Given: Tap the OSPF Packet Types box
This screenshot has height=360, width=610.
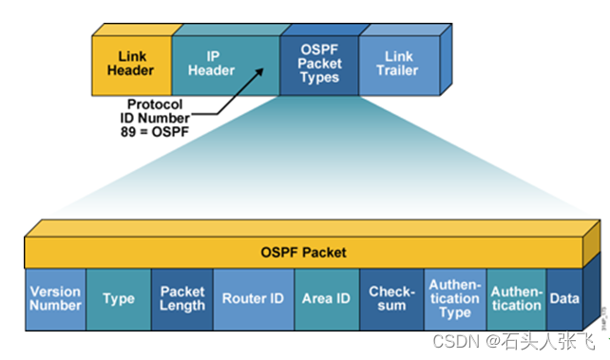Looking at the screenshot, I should [x=318, y=64].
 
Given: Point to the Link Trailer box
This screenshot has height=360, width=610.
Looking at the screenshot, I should [x=398, y=64].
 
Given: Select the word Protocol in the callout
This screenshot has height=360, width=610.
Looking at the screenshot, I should [x=156, y=104].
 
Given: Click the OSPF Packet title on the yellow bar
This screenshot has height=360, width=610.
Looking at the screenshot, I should [x=303, y=253].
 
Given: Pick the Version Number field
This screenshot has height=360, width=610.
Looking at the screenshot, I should [x=55, y=298].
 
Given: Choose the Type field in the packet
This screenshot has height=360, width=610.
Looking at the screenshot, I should [x=119, y=298].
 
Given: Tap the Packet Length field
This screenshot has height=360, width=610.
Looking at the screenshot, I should [x=181, y=298].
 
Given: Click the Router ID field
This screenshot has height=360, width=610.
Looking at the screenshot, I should [x=253, y=298].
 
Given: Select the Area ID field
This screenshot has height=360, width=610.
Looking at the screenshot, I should [x=326, y=298].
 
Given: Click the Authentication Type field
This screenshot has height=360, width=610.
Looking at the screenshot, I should [x=454, y=298].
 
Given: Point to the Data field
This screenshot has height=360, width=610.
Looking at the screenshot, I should [x=564, y=298].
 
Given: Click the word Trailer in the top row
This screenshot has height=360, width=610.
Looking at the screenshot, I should [x=398, y=71].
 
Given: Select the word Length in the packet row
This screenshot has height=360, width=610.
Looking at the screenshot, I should [x=181, y=306].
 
